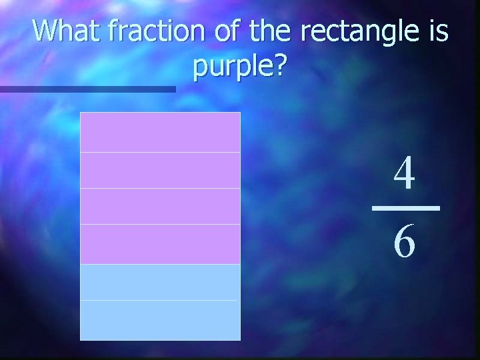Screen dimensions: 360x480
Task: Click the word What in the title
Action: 63,31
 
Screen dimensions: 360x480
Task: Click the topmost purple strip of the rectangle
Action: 160,132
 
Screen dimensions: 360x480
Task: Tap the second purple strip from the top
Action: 160,170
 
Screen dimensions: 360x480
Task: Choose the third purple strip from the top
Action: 160,206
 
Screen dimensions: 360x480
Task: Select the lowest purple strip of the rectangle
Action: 160,244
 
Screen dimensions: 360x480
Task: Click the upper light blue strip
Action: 160,282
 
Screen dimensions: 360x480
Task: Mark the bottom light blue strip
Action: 160,320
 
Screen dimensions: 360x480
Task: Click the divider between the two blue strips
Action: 160,301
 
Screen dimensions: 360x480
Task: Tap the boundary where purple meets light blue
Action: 160,264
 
